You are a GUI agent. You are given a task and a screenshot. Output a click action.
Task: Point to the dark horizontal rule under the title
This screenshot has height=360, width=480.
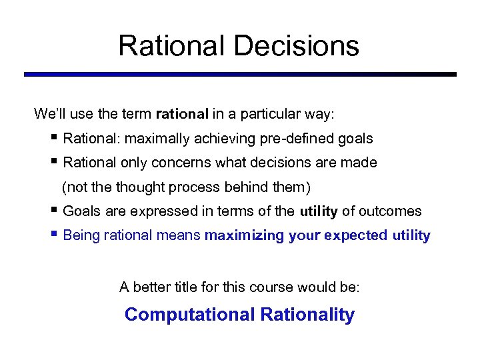[240, 74]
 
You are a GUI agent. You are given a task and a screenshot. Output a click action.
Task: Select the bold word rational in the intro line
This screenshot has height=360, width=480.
[182, 114]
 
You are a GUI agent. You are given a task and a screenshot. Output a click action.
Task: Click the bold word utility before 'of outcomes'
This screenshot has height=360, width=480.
[318, 211]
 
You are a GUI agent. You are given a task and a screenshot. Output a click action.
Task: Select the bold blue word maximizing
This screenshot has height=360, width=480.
[245, 235]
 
